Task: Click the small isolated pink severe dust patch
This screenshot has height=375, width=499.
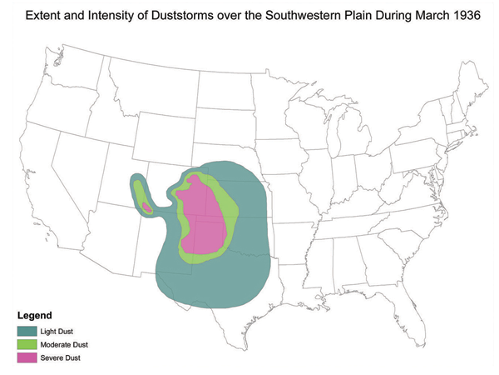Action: pos(146,207)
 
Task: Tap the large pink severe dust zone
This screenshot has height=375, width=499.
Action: pos(204,221)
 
